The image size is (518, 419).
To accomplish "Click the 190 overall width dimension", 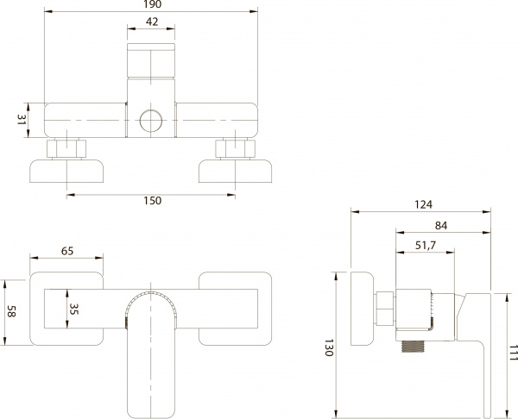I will [152, 5].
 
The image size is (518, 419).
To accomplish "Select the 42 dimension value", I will [152, 22].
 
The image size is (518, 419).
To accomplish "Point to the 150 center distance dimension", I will [152, 201].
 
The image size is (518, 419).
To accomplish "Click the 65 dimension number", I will [66, 251].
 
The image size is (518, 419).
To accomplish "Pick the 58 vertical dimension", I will [10, 311].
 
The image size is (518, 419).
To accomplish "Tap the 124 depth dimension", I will [422, 204].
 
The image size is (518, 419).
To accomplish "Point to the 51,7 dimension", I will [426, 246].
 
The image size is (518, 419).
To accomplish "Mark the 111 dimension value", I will [511, 353].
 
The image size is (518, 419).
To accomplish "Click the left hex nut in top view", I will [66, 148].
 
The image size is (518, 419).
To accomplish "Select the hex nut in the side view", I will [385, 307].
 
